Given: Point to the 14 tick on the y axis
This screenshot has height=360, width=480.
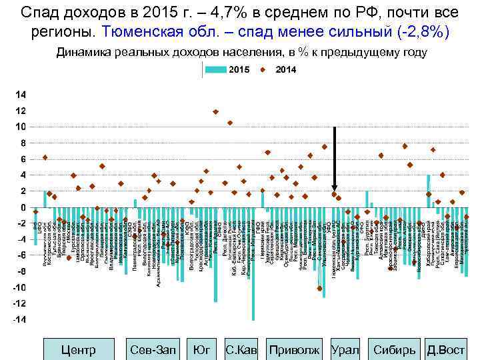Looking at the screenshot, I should point(21,94).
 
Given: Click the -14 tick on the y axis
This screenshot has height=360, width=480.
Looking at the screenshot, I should point(20,320).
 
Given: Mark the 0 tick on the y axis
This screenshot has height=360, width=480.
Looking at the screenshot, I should point(23,207).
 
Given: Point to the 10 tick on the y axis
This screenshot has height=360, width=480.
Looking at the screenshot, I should point(21,127).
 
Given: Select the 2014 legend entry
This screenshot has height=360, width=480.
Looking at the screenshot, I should point(280,70).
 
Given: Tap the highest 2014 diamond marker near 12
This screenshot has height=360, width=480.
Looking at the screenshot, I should point(215,112).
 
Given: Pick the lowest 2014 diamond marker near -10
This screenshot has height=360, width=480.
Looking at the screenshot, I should point(320,289).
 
